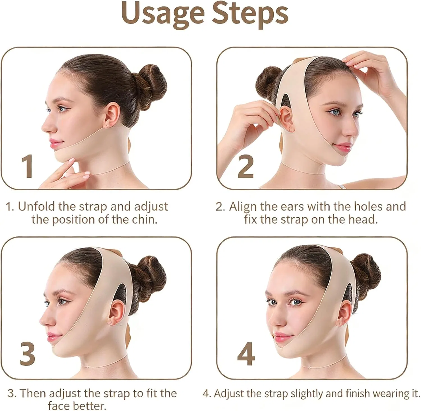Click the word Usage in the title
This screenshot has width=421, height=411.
163,14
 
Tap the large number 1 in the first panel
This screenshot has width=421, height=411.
28,166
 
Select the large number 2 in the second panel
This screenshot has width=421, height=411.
246,166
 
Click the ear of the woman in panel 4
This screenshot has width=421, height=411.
344,313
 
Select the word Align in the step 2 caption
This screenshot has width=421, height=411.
243,207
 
